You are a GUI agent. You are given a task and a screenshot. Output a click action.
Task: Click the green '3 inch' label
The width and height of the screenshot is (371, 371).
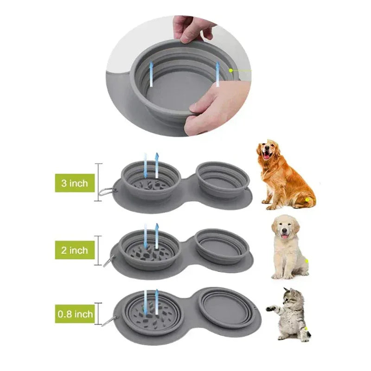tap(75, 183)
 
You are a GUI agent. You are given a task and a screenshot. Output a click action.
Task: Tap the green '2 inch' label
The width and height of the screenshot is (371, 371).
tap(75, 250)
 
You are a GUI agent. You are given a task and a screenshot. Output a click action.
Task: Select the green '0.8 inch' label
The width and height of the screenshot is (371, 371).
tap(75, 314)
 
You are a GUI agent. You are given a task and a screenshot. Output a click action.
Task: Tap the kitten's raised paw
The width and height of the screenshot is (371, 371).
tap(271, 308)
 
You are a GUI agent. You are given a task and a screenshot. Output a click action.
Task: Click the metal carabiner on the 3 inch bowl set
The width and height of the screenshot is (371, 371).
tap(106, 192)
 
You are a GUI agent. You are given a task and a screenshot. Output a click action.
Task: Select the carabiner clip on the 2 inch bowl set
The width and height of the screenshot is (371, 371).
tap(109, 261)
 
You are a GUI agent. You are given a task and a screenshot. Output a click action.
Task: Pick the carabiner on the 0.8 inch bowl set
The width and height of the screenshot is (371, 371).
tap(109, 321)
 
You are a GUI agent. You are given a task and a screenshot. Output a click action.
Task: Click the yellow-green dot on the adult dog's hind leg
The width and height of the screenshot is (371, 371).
tap(307, 200)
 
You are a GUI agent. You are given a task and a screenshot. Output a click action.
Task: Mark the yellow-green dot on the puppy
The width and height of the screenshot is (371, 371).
tap(307, 261)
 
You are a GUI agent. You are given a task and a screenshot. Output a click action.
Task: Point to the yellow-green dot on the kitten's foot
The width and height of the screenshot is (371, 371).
tap(306, 329)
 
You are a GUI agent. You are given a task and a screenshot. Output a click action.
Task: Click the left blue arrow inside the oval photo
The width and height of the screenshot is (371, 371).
tap(151, 74)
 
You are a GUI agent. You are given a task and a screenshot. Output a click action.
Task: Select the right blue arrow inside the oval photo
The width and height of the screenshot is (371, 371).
tap(217, 74)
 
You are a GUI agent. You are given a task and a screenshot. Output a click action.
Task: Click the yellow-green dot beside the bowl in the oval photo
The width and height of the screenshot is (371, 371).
tap(231, 70)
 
